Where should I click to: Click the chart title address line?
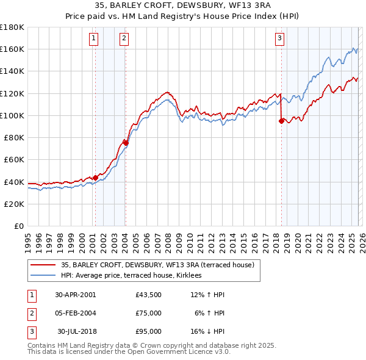[x=183, y=5]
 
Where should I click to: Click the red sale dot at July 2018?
[x=281, y=121]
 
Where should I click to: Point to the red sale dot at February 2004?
[x=125, y=143]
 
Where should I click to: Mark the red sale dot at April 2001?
[x=95, y=178]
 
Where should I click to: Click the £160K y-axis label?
[x=12, y=49]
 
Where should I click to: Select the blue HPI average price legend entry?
[x=135, y=276]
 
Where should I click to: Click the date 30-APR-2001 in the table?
[x=75, y=295]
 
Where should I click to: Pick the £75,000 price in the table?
[x=149, y=313]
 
